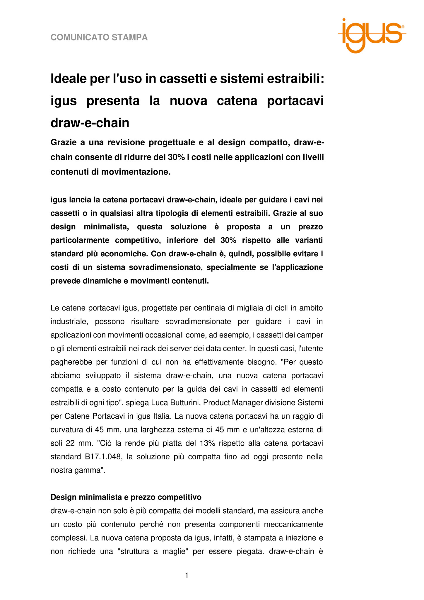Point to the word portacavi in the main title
point(295,101)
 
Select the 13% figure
point(207,443)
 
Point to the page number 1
point(187,576)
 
